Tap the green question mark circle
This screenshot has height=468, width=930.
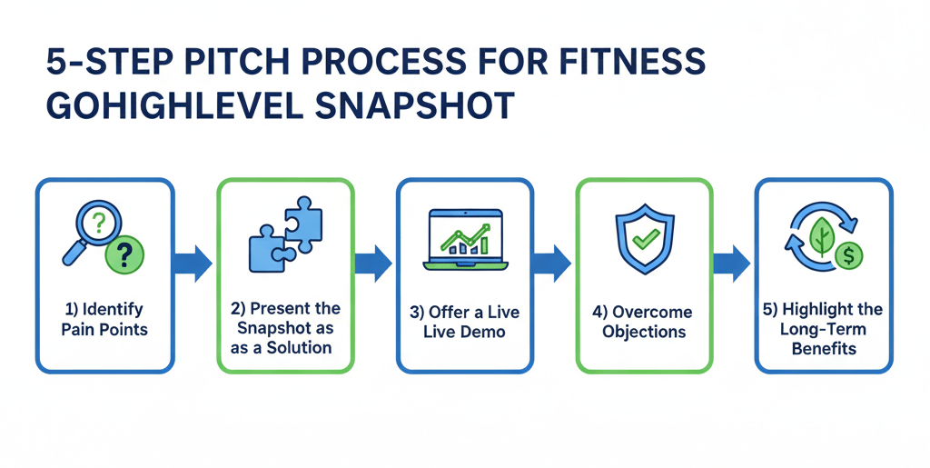(125, 255)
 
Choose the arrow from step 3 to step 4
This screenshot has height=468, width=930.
(554, 264)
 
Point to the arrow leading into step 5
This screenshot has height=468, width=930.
(733, 264)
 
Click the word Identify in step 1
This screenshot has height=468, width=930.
(114, 310)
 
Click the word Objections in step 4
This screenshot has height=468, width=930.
(645, 332)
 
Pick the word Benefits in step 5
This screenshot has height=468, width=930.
(825, 349)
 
